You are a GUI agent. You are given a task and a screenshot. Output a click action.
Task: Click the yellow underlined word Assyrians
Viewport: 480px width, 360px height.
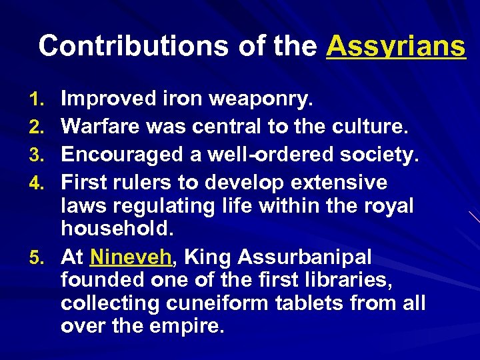[x=396, y=46]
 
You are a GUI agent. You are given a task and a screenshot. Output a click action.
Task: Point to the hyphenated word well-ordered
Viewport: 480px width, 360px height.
[x=269, y=155]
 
